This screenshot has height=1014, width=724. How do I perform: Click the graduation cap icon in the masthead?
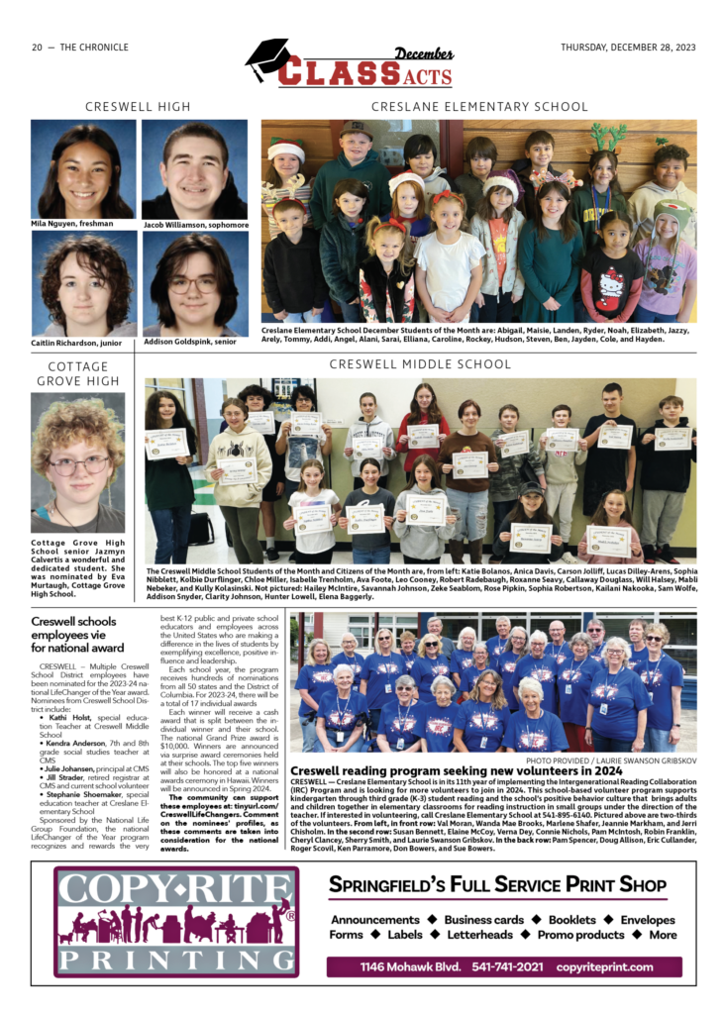coord(267,59)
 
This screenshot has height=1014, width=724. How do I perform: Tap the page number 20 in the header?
coord(37,48)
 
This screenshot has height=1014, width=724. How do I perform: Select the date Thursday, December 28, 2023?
coord(627,48)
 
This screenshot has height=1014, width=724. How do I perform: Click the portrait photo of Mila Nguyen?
coord(83,168)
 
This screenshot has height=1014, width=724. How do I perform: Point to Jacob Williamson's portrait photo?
coord(194,168)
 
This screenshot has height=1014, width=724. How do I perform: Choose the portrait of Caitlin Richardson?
coord(83,283)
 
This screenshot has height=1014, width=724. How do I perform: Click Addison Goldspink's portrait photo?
coord(194,283)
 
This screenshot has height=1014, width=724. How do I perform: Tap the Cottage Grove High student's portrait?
coord(77,461)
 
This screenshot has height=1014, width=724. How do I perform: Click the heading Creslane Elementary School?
coord(479,106)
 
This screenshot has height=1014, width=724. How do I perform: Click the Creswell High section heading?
coord(138,106)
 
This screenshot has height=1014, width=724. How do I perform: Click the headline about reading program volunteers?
coord(470,769)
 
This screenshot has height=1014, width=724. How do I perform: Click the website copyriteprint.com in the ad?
coord(604,966)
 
